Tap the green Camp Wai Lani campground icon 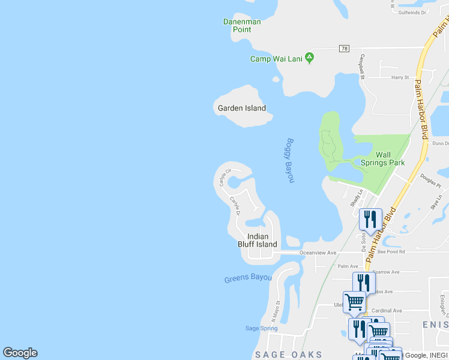[x=310, y=58]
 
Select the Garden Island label [x=241, y=108]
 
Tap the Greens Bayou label [x=248, y=278]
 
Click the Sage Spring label [x=262, y=328]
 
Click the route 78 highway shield [x=343, y=48]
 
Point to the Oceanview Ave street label [x=319, y=253]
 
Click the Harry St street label [x=400, y=77]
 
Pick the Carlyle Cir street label [x=225, y=177]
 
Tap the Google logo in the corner [x=20, y=353]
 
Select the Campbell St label [x=363, y=67]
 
